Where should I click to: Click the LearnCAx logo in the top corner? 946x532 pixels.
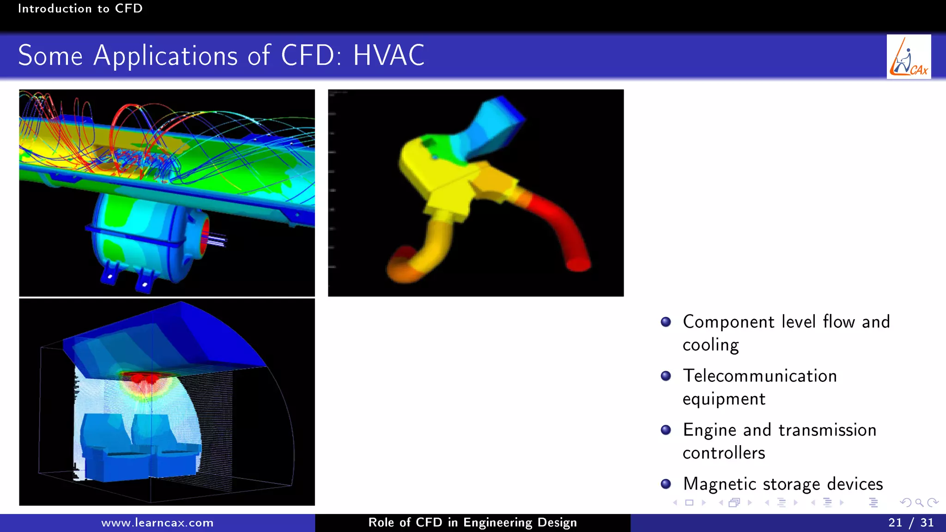909,57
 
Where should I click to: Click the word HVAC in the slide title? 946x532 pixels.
388,55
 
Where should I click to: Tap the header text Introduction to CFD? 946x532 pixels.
80,8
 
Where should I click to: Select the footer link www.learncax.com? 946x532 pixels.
157,523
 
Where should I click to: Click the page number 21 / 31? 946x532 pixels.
910,522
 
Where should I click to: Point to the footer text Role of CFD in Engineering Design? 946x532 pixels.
472,522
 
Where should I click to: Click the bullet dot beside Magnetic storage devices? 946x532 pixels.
666,484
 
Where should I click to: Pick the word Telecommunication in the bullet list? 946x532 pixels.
759,376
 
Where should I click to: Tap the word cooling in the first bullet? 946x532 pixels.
710,345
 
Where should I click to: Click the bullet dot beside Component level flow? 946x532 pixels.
666,322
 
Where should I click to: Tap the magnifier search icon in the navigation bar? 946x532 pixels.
919,502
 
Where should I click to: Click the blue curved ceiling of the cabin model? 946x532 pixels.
194,332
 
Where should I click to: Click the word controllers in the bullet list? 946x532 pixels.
723,453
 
